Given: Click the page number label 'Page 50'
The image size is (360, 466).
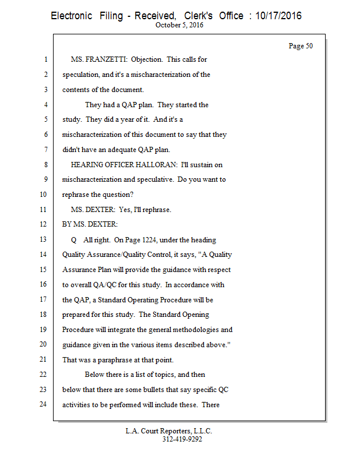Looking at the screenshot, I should pyautogui.click(x=301, y=46).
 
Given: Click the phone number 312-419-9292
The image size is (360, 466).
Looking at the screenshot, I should pyautogui.click(x=182, y=439).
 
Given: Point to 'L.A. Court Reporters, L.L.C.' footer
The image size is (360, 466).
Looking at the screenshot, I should pyautogui.click(x=169, y=431).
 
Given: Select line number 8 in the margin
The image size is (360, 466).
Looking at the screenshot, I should pyautogui.click(x=45, y=165).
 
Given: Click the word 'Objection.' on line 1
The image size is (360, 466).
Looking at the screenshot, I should pyautogui.click(x=147, y=59).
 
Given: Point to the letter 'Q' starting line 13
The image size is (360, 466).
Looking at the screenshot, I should pyautogui.click(x=74, y=240).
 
